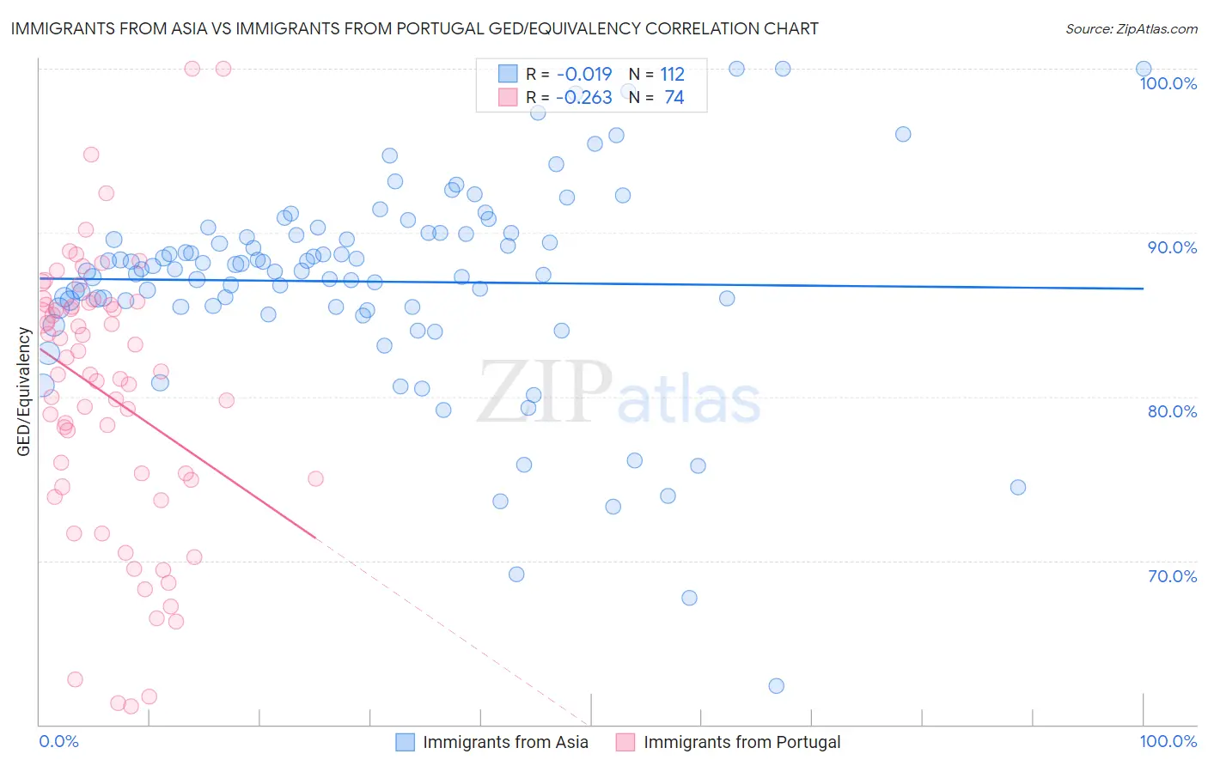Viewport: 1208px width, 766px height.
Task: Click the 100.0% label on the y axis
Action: [x=1168, y=83]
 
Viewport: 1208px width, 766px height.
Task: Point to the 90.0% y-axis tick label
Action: [x=1172, y=247]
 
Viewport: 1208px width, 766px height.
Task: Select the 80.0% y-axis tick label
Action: [x=1172, y=411]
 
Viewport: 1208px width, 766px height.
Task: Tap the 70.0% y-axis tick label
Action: [x=1172, y=576]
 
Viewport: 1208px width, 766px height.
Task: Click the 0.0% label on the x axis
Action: [x=58, y=741]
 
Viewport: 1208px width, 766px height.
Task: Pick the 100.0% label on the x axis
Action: [x=1168, y=741]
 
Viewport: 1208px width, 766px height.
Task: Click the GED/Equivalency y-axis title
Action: [x=24, y=392]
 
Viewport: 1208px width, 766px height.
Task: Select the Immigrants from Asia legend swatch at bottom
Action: [x=405, y=742]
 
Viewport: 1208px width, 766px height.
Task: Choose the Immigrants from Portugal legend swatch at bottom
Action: [x=625, y=742]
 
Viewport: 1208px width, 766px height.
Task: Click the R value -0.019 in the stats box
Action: [x=584, y=75]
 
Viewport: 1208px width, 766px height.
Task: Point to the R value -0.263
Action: [x=584, y=98]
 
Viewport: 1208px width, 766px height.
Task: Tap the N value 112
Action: [x=672, y=75]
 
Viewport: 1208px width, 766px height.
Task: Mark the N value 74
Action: [x=674, y=98]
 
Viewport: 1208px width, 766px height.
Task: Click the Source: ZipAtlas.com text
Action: [x=1131, y=29]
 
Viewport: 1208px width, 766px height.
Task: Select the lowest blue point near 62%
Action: [x=776, y=685]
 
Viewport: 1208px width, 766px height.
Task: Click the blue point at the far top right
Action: [x=1143, y=69]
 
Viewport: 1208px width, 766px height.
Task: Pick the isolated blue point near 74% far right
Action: [x=1017, y=487]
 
